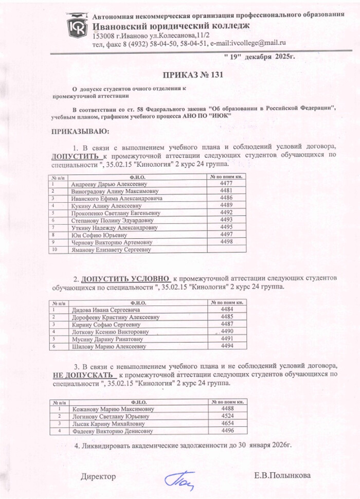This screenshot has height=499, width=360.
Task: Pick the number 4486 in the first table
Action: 226,198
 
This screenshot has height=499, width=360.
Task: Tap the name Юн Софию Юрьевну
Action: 97,235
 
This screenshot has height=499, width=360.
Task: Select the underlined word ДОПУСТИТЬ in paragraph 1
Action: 75,155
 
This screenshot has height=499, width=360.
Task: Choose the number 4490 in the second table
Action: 227,332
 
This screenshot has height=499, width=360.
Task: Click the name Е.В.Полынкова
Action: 282,476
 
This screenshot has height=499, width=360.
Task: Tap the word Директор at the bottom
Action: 98,477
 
